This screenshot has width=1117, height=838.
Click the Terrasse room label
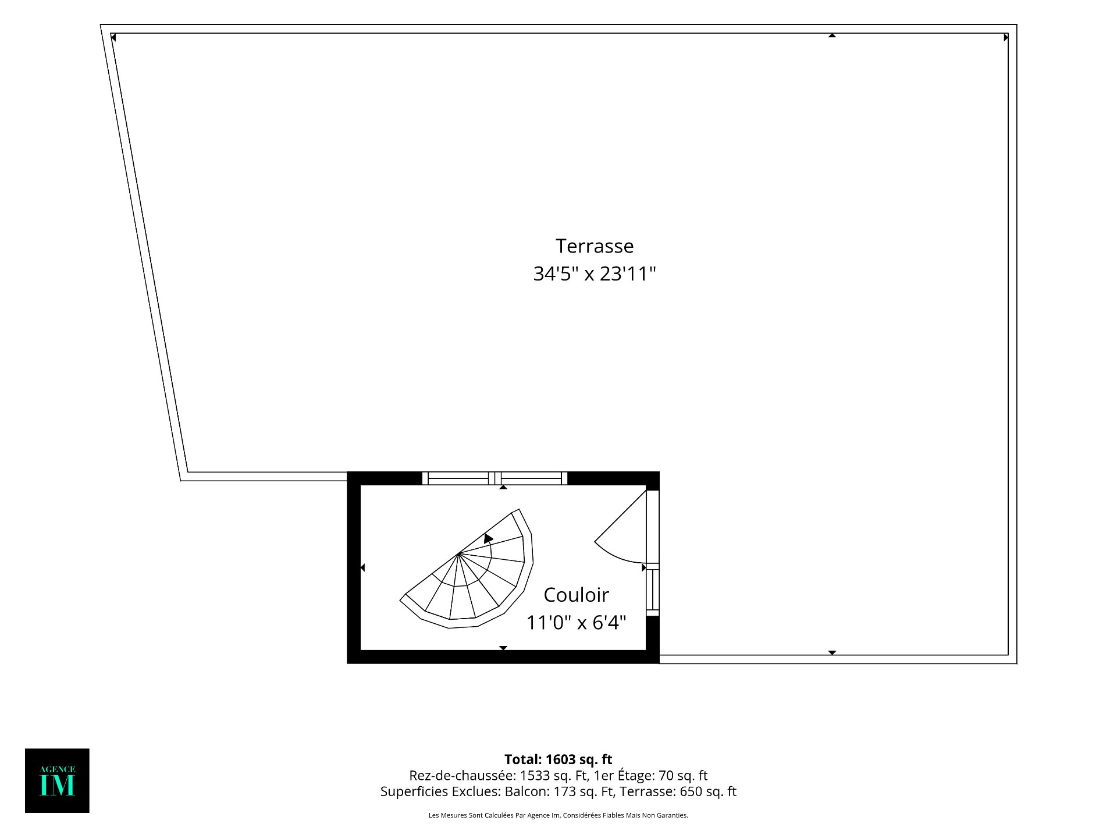point(594,246)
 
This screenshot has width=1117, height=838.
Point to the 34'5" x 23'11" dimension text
point(594,274)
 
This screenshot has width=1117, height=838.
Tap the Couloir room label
point(576,595)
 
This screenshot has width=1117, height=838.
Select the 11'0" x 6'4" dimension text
point(576,623)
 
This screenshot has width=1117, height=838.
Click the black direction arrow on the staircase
point(488,538)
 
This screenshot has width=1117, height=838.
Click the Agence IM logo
point(57,780)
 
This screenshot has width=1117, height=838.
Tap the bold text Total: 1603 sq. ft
point(558,759)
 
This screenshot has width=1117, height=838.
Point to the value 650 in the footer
point(691,791)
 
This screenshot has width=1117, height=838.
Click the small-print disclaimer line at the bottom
point(558,815)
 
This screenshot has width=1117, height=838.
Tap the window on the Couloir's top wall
point(495,478)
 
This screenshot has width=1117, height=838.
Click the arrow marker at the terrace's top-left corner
point(113,38)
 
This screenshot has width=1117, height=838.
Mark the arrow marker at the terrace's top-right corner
point(1006,38)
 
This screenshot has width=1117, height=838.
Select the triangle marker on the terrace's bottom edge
point(832,653)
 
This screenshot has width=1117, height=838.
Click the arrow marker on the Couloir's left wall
point(362,567)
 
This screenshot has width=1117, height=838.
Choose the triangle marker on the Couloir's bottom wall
point(503,648)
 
